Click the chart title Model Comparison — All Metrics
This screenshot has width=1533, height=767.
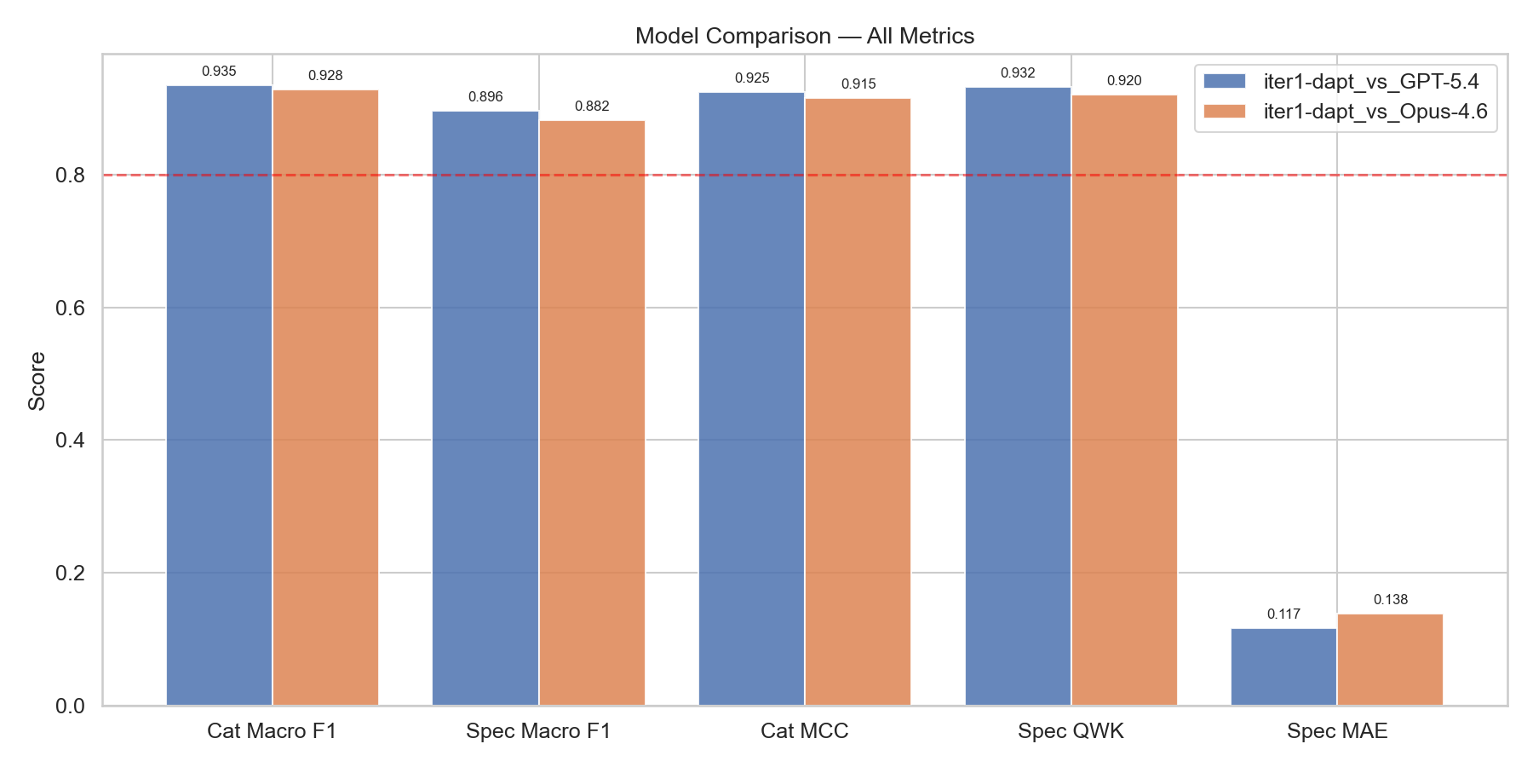(804, 36)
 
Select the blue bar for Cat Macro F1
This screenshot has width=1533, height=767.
(219, 395)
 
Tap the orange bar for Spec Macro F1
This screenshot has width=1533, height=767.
(592, 412)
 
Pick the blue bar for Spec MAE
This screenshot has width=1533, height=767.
(1283, 666)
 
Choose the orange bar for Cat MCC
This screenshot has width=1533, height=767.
(858, 401)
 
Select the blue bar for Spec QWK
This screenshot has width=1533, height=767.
(1018, 396)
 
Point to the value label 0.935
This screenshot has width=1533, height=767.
(219, 72)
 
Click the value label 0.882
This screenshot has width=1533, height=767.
(592, 107)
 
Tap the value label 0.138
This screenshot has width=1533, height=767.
(1390, 600)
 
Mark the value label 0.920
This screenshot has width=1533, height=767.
(1124, 81)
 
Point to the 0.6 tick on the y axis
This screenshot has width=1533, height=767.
(71, 308)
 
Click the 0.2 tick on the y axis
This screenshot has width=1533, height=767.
(71, 573)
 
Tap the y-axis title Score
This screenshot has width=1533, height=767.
(37, 381)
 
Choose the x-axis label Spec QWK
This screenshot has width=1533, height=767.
(1071, 731)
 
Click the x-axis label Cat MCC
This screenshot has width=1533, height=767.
(804, 731)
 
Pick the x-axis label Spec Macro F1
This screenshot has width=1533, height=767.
(538, 731)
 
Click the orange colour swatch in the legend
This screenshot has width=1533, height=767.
(1225, 112)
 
